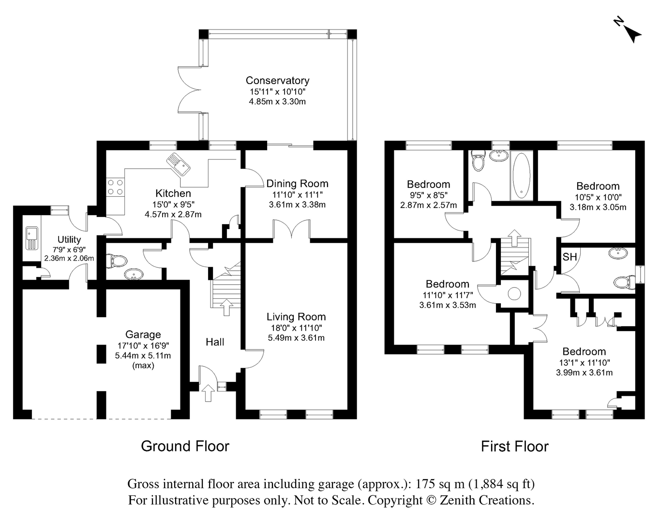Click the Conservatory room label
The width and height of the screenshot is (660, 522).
(x=277, y=80)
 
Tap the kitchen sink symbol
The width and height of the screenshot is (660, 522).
(x=178, y=164)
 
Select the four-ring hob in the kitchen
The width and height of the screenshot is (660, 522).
(x=115, y=187)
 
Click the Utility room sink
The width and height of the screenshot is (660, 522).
(x=31, y=238)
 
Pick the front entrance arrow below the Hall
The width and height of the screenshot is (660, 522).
(x=208, y=393)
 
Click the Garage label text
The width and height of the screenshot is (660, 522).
(x=143, y=334)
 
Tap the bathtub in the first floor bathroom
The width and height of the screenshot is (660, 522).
(x=521, y=175)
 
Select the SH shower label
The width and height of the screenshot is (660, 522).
(x=570, y=257)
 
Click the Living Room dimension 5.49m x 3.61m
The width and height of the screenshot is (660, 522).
(x=296, y=338)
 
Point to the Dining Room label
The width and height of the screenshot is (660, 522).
(x=297, y=184)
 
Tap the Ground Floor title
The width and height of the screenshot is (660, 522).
(x=185, y=446)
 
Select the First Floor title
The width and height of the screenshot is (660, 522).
(x=515, y=446)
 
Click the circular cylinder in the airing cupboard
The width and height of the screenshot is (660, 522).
(x=514, y=294)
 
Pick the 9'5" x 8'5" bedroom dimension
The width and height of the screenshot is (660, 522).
(x=428, y=195)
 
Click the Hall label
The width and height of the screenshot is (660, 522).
(x=215, y=342)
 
